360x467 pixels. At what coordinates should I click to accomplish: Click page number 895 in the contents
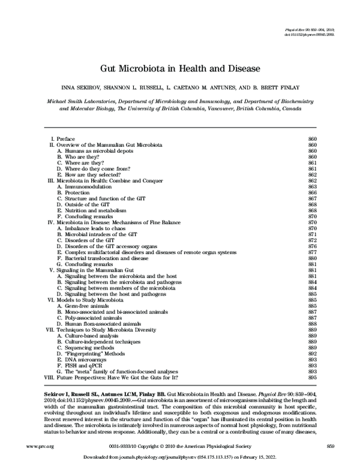(311, 378)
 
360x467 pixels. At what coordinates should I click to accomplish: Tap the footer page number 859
(329, 447)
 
